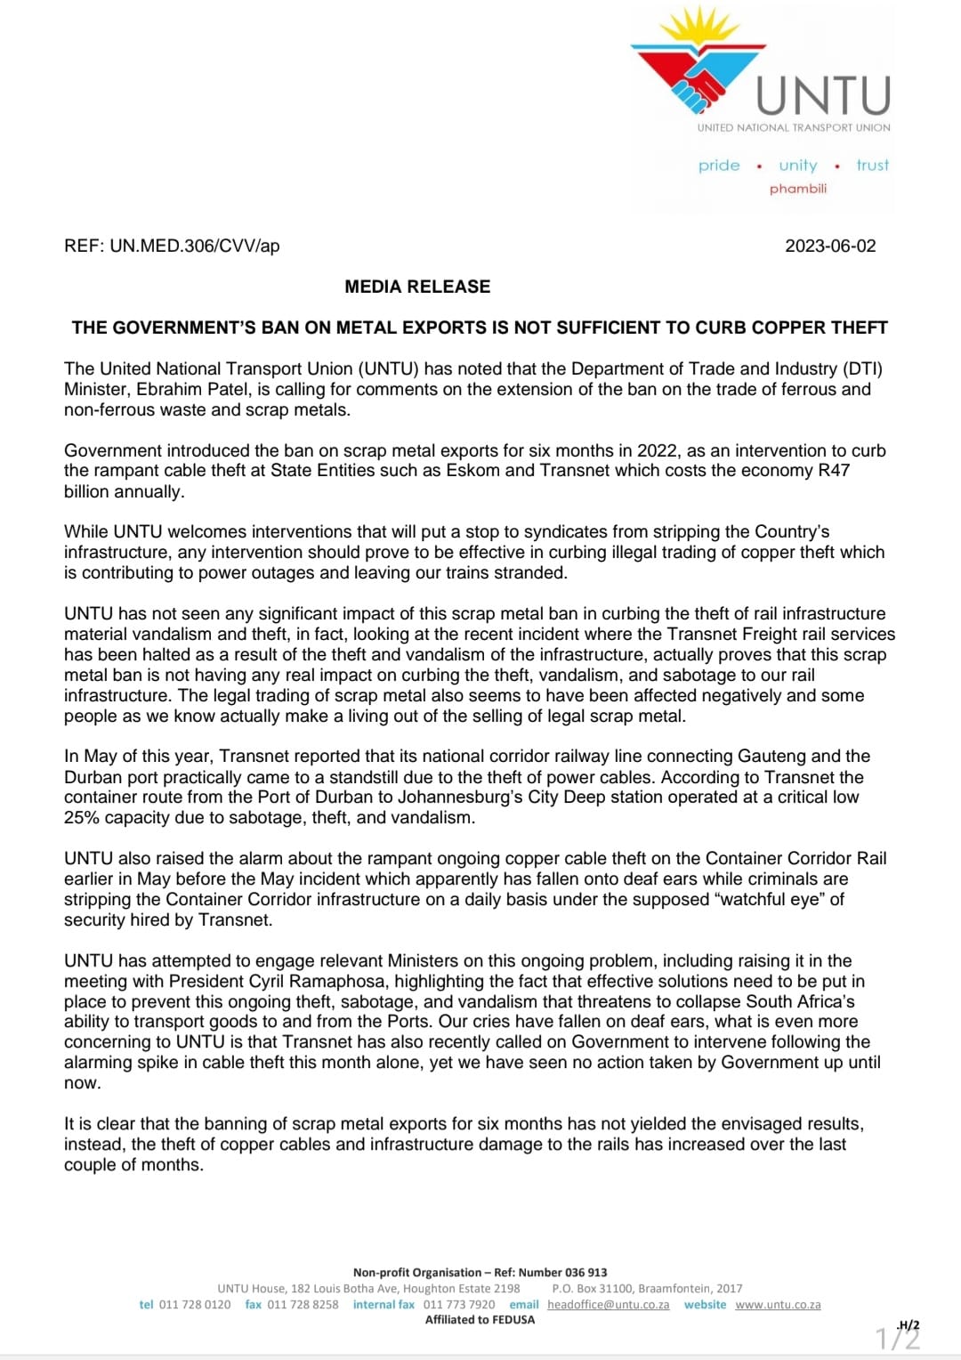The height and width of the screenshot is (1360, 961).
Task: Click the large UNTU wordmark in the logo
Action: [x=822, y=96]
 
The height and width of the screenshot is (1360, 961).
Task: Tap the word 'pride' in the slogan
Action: [x=719, y=166]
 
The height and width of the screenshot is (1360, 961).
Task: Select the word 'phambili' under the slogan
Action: [x=798, y=189]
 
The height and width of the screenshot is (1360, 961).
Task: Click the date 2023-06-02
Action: [x=830, y=246]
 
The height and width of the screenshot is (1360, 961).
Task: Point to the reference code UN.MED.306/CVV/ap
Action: [x=195, y=246]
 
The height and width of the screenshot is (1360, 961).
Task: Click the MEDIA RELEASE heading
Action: [x=417, y=287]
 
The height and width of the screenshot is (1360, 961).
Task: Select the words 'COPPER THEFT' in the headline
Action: [x=820, y=328]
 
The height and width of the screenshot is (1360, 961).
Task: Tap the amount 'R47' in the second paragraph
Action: [x=834, y=470]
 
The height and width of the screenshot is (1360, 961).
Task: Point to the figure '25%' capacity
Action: [x=82, y=818]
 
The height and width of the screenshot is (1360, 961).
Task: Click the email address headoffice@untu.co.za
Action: [x=608, y=1305]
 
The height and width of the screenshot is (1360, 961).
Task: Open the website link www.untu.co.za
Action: [x=778, y=1305]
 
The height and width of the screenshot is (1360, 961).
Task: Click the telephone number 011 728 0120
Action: [x=194, y=1305]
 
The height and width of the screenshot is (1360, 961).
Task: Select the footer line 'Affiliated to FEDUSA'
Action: [x=480, y=1320]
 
